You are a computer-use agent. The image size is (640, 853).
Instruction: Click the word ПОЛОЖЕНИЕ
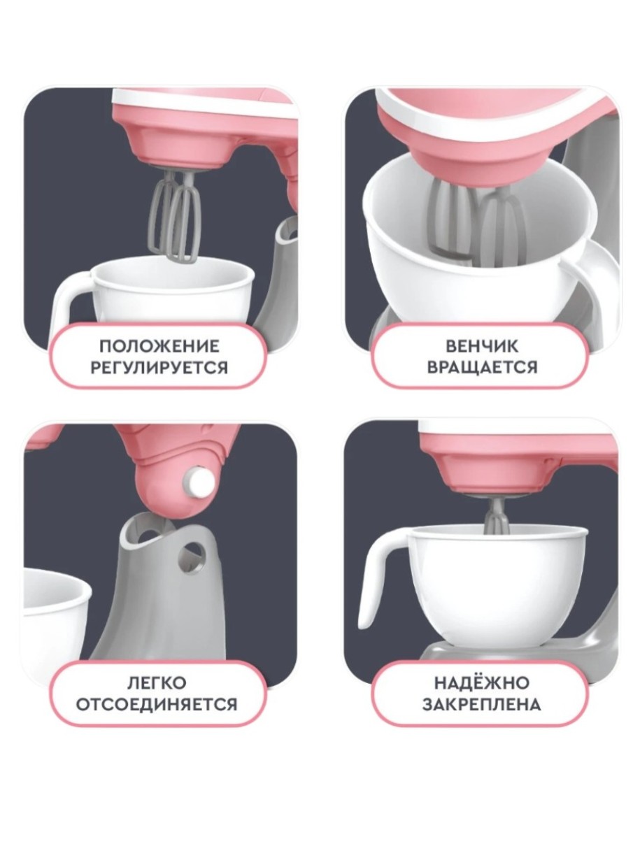[x=159, y=346]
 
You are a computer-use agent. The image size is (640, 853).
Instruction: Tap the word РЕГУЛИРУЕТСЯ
[x=159, y=368]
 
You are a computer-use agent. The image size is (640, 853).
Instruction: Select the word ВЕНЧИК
[x=482, y=346]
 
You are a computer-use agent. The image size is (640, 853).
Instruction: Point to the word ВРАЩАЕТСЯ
[x=482, y=368]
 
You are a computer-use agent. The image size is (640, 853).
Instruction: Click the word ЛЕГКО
[x=157, y=683]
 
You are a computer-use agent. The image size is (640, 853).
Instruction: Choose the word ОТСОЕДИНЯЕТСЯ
[x=157, y=704]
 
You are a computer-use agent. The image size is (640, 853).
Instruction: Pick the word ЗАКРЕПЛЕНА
[x=481, y=704]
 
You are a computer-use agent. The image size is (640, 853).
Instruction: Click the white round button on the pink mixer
[x=199, y=480]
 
